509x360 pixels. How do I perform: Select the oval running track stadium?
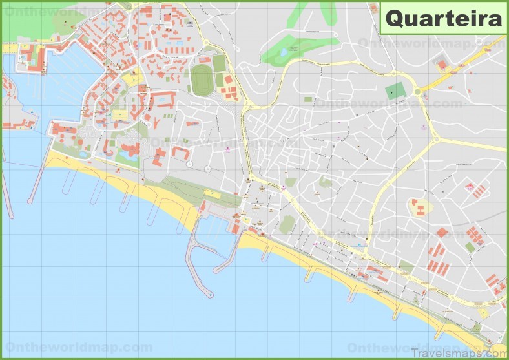(202, 81)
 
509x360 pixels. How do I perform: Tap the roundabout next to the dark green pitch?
(417, 92)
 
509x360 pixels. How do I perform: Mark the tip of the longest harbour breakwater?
(209, 295)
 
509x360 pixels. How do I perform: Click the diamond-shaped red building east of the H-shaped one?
(442, 232)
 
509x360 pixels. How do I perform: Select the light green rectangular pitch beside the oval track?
(220, 63)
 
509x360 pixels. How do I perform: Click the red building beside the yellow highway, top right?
(442, 65)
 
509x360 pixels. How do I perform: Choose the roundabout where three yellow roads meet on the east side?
(435, 138)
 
